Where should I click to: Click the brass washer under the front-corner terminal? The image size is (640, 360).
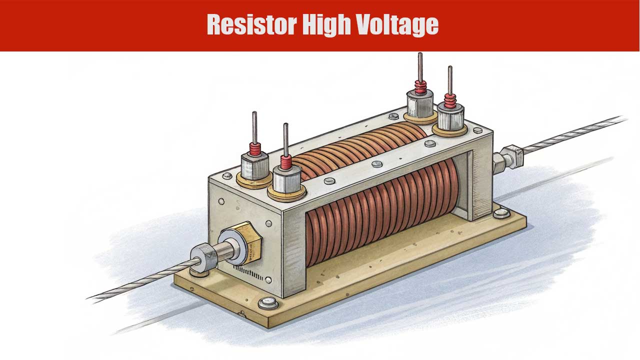coord(287,191)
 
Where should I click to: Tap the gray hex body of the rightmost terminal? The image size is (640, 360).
coord(451,117)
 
